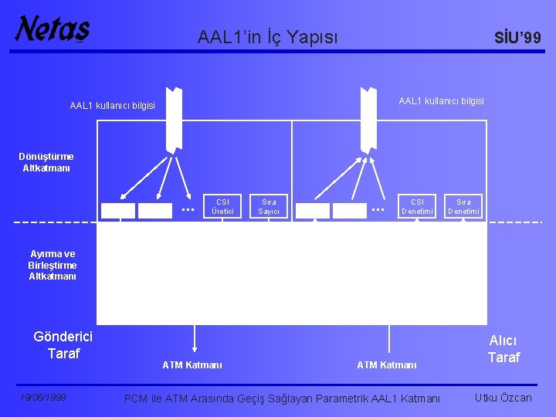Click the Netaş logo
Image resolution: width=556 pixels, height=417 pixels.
tap(52, 29)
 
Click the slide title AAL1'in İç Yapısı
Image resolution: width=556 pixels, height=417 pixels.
tap(267, 36)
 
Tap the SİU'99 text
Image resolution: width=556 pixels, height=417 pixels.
tap(517, 37)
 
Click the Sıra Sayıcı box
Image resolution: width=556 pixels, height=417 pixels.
tap(269, 206)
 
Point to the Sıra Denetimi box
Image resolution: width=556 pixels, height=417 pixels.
tap(463, 206)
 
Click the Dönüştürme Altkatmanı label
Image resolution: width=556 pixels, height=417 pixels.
tap(46, 162)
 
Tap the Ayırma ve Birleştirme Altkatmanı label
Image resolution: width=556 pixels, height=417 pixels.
tap(53, 265)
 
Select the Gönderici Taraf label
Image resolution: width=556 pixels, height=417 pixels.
tap(63, 345)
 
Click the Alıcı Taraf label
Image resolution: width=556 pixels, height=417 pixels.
tap(503, 349)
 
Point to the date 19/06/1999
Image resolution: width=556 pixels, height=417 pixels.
tap(42, 398)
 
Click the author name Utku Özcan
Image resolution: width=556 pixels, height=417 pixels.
tap(503, 398)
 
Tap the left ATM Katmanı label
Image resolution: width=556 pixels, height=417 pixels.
tap(192, 364)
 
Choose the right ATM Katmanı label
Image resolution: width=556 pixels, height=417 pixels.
tap(386, 364)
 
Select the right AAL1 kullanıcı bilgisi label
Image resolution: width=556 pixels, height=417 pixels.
tap(441, 101)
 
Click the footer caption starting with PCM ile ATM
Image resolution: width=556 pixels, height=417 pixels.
tap(283, 398)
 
